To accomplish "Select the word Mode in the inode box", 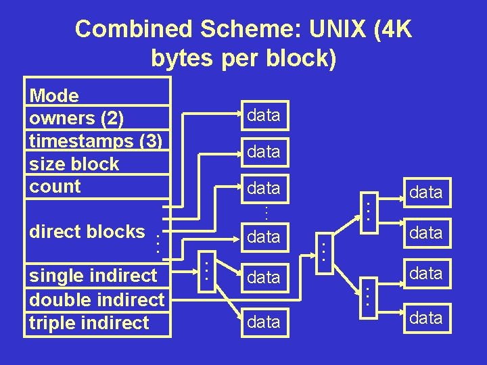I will (54, 96).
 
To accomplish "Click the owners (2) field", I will (76, 118).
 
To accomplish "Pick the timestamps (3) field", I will (96, 141).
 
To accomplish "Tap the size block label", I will (74, 164).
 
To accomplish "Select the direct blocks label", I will (87, 231).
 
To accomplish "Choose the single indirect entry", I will (93, 276).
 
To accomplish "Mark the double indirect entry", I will (97, 299).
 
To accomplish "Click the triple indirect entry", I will (89, 322).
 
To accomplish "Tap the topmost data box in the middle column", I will (264, 116).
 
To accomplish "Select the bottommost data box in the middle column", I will (264, 322).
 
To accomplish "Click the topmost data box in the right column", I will (426, 192).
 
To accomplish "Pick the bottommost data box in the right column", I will (426, 318).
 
